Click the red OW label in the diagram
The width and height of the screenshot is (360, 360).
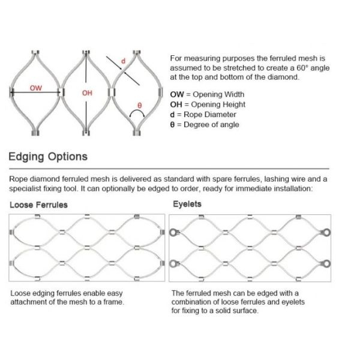coord(37,88)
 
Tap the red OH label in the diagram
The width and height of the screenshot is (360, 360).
coord(87,92)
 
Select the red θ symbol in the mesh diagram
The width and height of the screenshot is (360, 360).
coord(140,105)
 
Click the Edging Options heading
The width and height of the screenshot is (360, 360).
coord(48,157)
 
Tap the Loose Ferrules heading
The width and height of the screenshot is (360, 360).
coord(38,205)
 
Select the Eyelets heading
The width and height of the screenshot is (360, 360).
coord(187,204)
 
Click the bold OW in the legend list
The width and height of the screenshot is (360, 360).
coord(177,95)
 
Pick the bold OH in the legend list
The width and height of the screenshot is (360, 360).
coord(176,105)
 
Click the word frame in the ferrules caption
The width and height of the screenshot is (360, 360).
coord(114,302)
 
